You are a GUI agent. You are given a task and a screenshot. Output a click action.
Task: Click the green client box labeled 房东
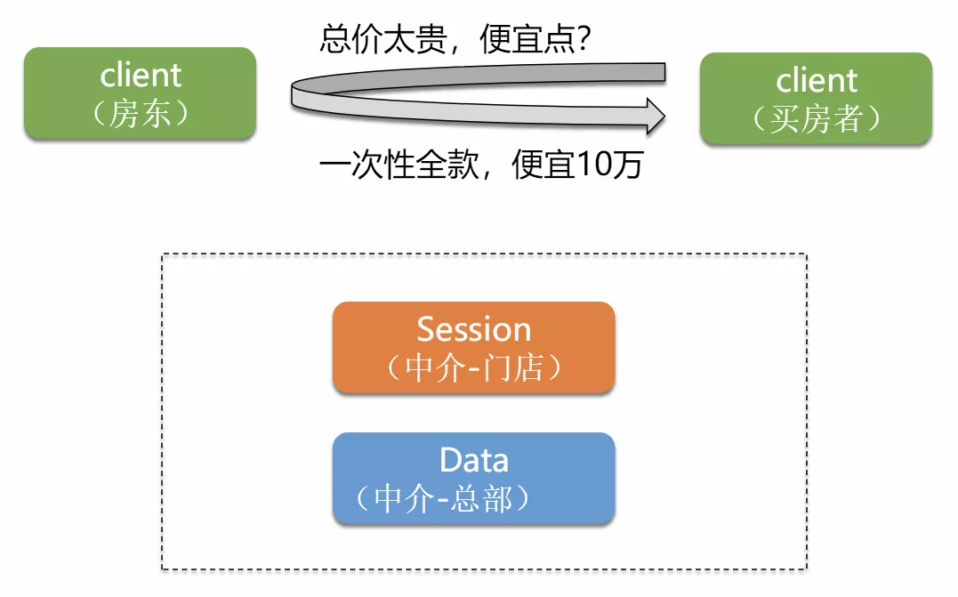[140, 93]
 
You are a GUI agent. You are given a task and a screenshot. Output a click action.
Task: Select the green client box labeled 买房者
[816, 98]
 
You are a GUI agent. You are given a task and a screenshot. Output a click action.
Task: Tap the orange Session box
[473, 348]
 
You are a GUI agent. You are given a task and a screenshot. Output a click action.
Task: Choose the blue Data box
[473, 478]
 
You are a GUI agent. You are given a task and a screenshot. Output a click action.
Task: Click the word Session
[473, 330]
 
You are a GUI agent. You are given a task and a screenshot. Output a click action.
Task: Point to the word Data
[473, 460]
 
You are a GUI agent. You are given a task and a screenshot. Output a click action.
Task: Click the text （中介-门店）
[473, 368]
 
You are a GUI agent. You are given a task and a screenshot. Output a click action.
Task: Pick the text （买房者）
[816, 119]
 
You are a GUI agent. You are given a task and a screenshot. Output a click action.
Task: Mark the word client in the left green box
[141, 75]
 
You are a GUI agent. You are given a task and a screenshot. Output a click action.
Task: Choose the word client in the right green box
[816, 80]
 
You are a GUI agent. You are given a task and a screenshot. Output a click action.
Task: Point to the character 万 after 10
[626, 165]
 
